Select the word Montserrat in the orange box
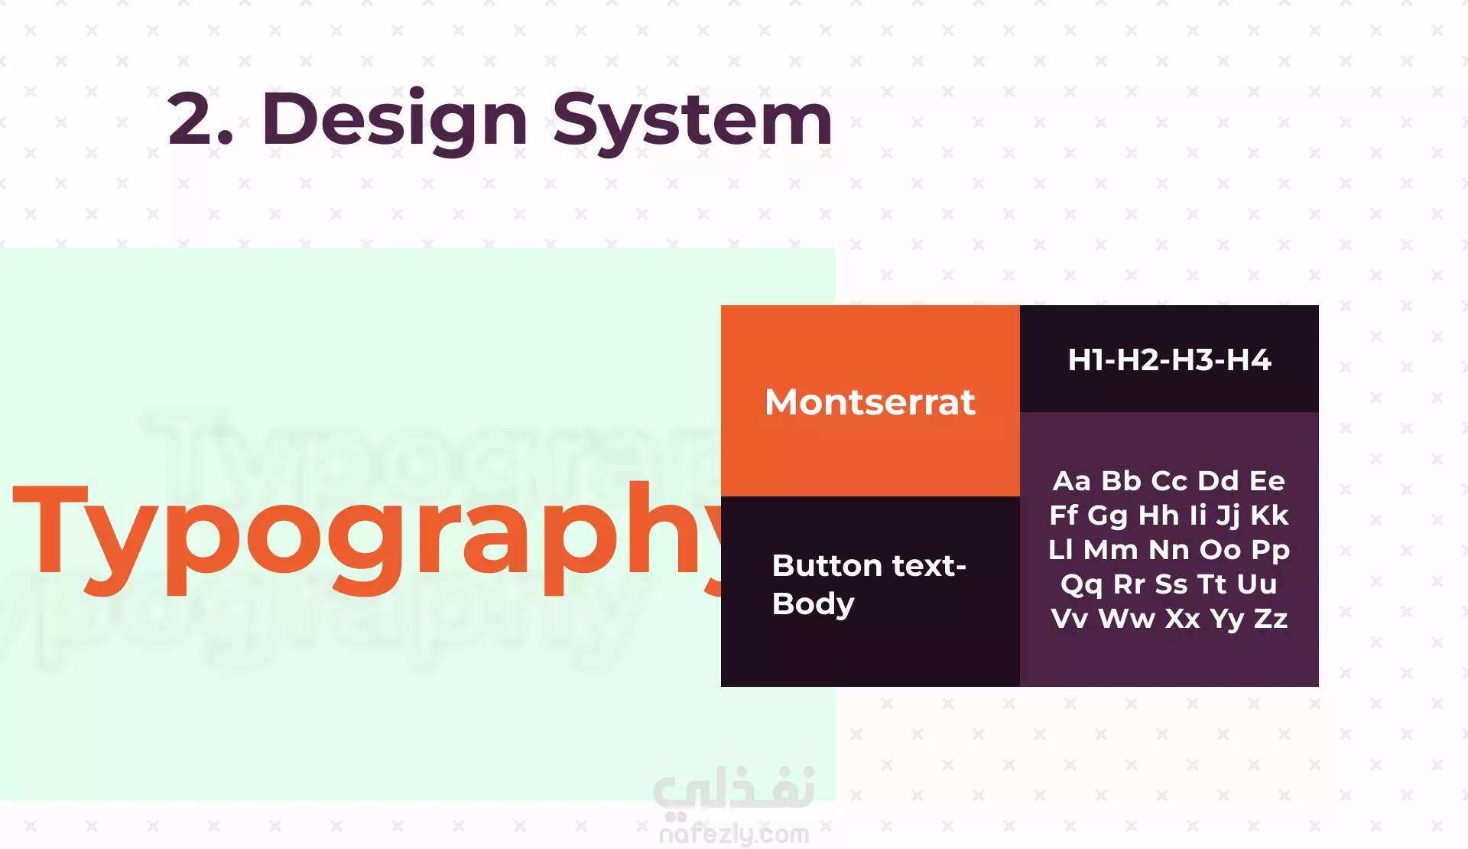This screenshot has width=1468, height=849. (870, 402)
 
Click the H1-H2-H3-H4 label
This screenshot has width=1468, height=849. (1169, 359)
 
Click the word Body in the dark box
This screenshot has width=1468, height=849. (814, 604)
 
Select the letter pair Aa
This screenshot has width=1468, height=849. (1072, 480)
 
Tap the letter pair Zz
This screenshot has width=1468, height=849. (1271, 618)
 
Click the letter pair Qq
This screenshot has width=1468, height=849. (1081, 584)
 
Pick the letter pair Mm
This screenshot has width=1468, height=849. (1110, 549)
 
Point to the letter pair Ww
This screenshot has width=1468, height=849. (1126, 618)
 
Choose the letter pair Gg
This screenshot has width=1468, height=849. (1107, 516)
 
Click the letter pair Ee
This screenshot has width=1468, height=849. (1267, 480)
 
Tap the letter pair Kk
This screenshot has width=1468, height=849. (1269, 515)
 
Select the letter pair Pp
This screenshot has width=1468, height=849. (1271, 551)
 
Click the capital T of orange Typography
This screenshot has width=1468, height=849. (50, 529)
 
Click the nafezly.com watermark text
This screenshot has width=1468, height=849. (734, 833)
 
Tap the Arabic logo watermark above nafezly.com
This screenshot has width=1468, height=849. (734, 789)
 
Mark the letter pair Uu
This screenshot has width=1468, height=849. (1257, 584)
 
